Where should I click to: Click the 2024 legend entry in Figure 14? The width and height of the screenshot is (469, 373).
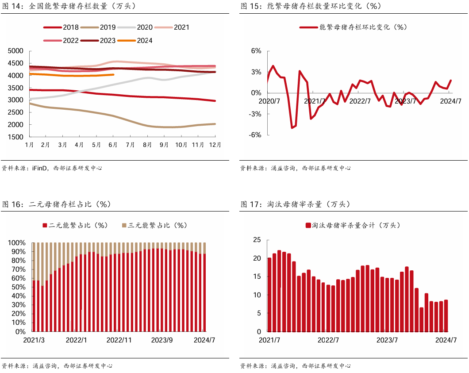tap(135, 40)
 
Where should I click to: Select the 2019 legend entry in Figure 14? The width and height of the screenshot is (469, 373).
tap(98, 27)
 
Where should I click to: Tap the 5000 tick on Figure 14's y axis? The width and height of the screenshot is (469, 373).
tap(15, 51)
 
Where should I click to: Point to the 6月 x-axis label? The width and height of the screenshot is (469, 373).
tap(113, 145)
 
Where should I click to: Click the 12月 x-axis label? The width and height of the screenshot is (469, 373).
tap(215, 145)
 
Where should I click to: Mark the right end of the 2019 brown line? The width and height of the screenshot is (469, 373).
tap(215, 124)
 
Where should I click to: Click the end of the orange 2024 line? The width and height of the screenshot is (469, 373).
tap(114, 74)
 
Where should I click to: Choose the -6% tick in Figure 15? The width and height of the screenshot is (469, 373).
tap(255, 135)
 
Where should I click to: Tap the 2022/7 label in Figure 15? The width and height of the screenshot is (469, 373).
tap(360, 101)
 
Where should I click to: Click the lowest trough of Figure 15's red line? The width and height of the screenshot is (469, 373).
tap(292, 128)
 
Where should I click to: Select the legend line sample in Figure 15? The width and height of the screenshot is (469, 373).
tap(308, 27)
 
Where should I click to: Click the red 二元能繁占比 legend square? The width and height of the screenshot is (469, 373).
tap(45, 225)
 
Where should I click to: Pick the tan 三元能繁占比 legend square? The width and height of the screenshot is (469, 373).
tap(124, 225)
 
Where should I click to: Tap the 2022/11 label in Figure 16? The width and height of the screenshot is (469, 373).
tap(119, 340)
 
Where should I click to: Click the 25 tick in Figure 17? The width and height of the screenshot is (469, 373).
tap(257, 240)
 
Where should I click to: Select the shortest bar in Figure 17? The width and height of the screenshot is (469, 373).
tap(422, 319)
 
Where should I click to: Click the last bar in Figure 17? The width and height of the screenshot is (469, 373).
tap(446, 316)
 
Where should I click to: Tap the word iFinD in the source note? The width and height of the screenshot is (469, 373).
tap(39, 168)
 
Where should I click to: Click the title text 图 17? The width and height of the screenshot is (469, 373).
tap(249, 204)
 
